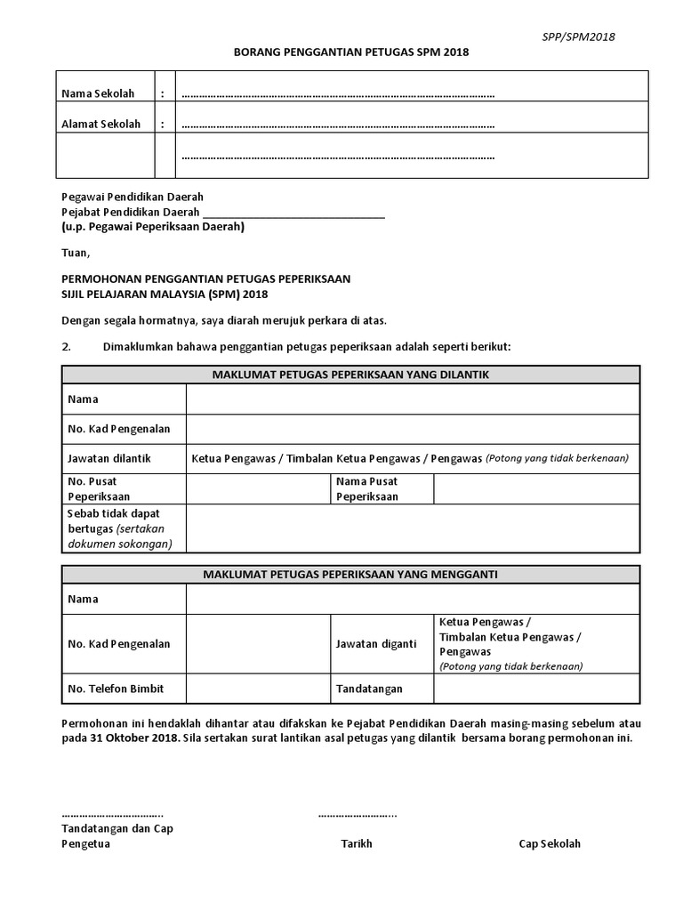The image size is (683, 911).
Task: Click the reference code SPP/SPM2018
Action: click(x=579, y=36)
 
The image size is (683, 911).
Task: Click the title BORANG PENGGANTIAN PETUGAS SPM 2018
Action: click(x=350, y=52)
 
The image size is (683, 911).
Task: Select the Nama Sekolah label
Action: click(x=97, y=94)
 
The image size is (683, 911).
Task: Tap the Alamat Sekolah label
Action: click(x=100, y=125)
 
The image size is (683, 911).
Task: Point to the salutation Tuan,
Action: click(x=76, y=253)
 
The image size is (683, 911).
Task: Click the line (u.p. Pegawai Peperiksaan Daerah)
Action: click(x=152, y=227)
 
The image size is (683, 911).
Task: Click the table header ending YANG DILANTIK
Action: click(x=350, y=375)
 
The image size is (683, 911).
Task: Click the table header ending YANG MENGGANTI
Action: click(x=350, y=574)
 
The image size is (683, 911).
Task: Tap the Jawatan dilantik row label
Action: click(x=109, y=458)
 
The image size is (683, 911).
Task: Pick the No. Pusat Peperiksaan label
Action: click(x=99, y=488)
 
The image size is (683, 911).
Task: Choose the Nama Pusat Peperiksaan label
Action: click(x=366, y=488)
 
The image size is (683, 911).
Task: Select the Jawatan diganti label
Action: click(x=375, y=643)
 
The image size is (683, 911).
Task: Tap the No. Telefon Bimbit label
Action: click(x=116, y=689)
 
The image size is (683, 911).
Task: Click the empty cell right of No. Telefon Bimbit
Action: click(x=257, y=689)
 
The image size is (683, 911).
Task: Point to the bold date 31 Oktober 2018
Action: click(x=133, y=738)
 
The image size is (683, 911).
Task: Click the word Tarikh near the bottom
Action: click(x=357, y=843)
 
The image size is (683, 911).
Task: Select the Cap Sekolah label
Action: click(x=550, y=843)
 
